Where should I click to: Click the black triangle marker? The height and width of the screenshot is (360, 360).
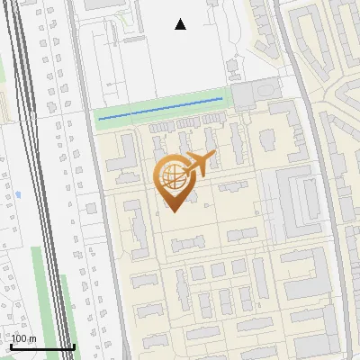click(181, 24)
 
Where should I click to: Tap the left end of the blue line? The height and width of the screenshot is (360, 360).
click(99, 118)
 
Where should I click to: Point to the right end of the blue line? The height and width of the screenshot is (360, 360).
click(221, 99)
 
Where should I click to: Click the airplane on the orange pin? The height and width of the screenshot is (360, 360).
click(199, 164)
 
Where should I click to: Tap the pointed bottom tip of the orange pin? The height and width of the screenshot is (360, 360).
click(171, 212)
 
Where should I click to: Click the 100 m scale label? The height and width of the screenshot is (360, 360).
click(23, 338)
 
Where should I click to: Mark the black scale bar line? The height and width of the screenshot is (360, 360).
click(42, 346)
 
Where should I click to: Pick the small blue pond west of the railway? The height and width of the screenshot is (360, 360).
click(18, 193)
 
